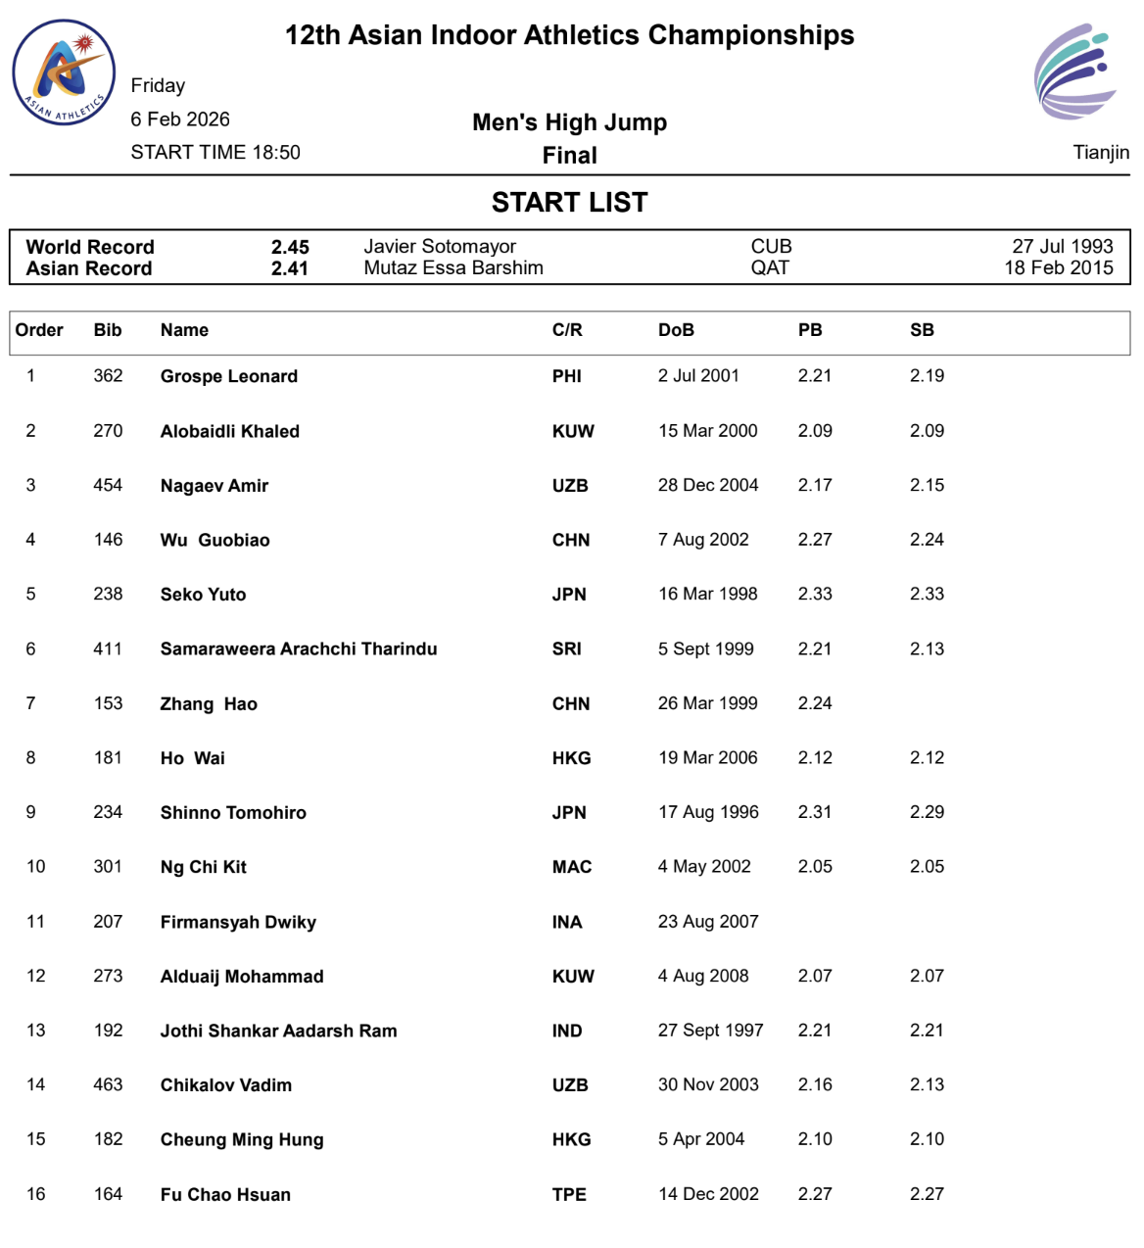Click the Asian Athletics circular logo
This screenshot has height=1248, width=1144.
tap(64, 73)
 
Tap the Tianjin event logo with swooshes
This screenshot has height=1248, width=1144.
tap(1075, 72)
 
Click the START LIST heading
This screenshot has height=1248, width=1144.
tap(569, 202)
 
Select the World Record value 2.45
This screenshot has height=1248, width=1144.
tap(290, 247)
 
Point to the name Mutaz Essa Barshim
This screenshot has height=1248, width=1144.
tap(453, 268)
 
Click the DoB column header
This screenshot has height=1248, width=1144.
tap(676, 330)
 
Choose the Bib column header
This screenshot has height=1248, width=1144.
tap(108, 330)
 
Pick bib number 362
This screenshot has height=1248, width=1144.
tap(108, 376)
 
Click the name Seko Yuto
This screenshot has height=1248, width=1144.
tap(203, 595)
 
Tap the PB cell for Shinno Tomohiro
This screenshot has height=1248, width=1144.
tap(815, 812)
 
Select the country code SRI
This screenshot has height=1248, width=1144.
tap(566, 648)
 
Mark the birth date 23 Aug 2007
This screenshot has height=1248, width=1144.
tap(708, 922)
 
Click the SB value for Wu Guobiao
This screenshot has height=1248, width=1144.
tap(927, 540)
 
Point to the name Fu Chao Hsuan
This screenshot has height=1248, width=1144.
tap(225, 1194)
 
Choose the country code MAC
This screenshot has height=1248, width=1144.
tap(572, 867)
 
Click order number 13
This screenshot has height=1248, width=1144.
tap(36, 1031)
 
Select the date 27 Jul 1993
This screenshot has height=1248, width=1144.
tap(1063, 247)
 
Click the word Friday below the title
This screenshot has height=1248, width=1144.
tap(158, 86)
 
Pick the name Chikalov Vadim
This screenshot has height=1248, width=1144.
tap(226, 1085)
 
